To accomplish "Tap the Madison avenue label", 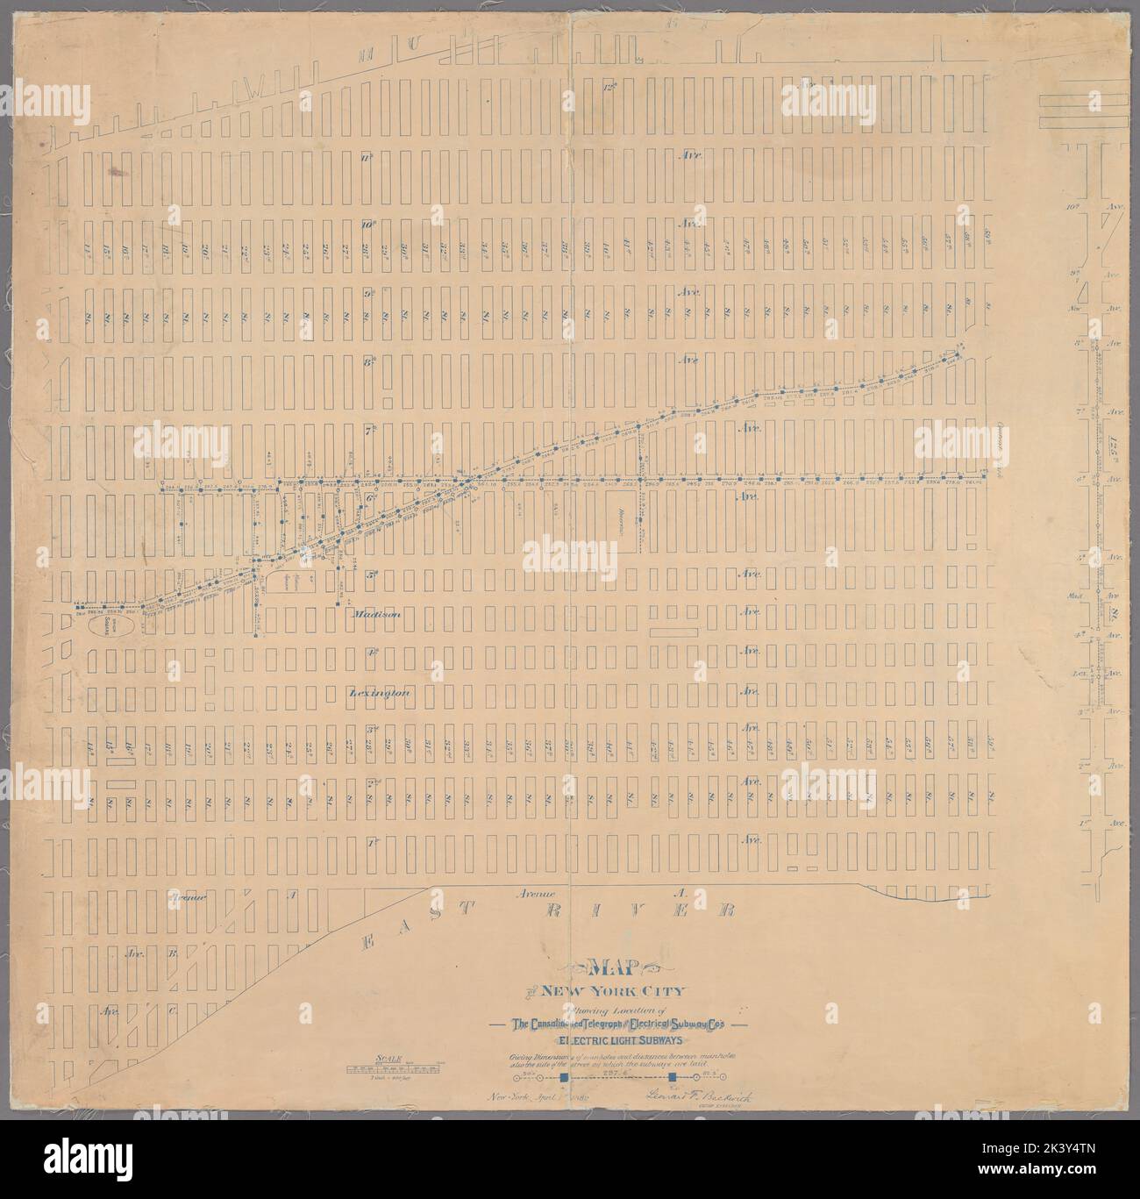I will pyautogui.click(x=376, y=615).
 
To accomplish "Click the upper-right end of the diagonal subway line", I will pyautogui.click(x=961, y=345).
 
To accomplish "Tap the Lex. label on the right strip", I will pyautogui.click(x=1089, y=673).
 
